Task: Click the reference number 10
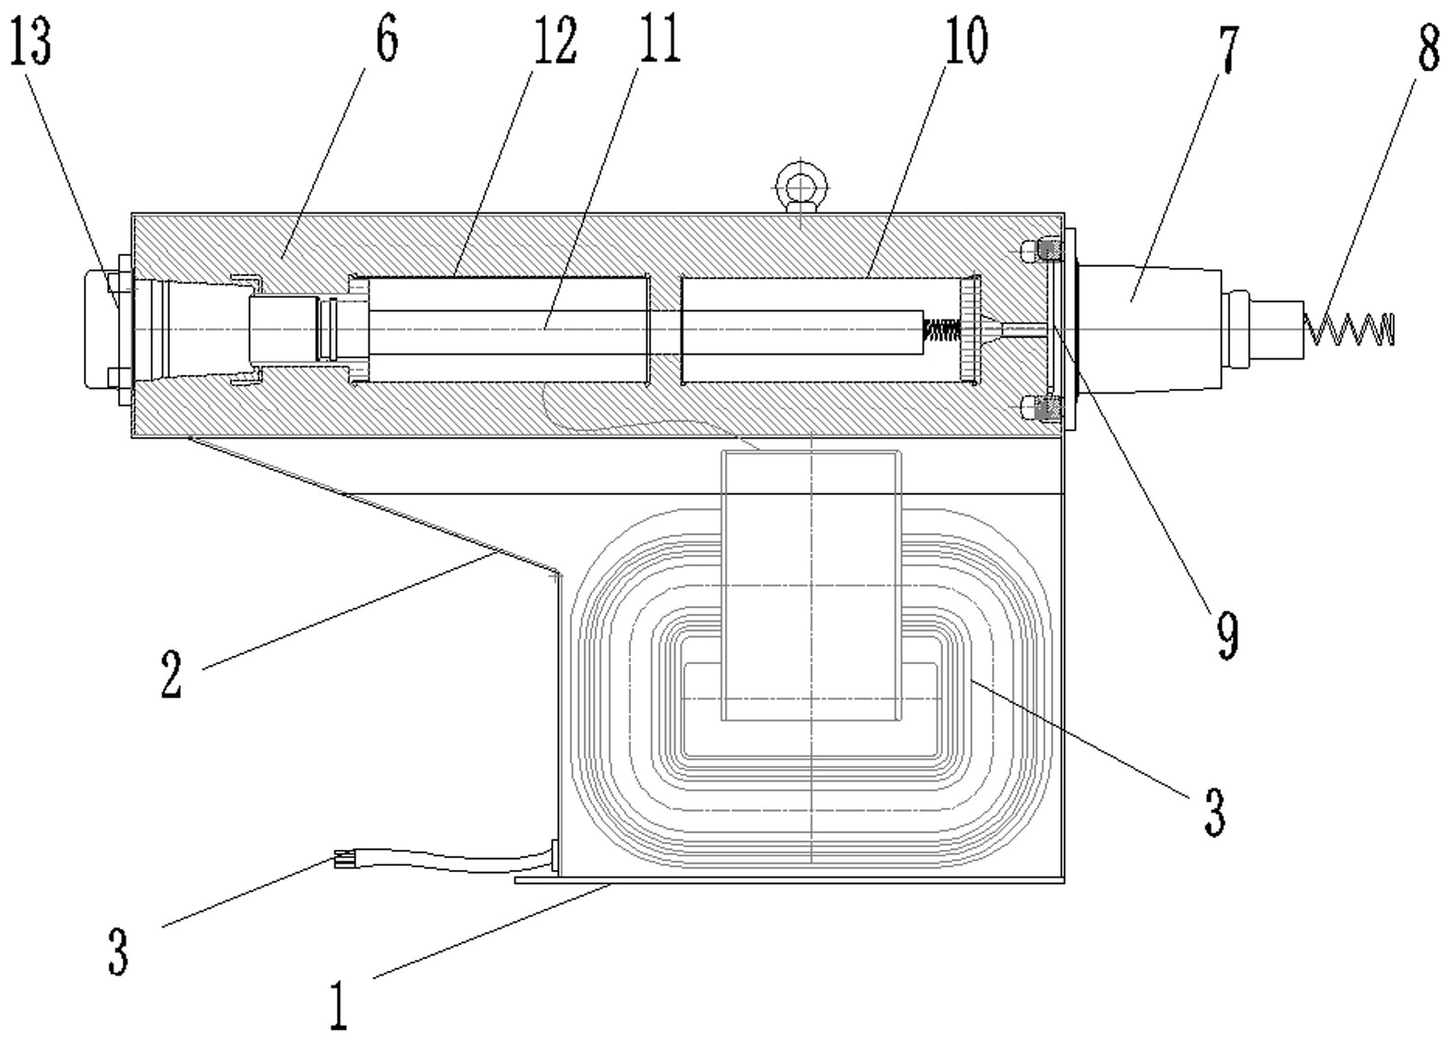pos(966,40)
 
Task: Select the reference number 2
pos(172,674)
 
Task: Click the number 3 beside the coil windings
pos(1214,812)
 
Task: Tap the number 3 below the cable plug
pos(118,951)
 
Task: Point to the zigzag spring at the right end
pos(1348,329)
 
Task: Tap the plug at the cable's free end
pos(344,861)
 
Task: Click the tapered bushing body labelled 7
pos(1148,330)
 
